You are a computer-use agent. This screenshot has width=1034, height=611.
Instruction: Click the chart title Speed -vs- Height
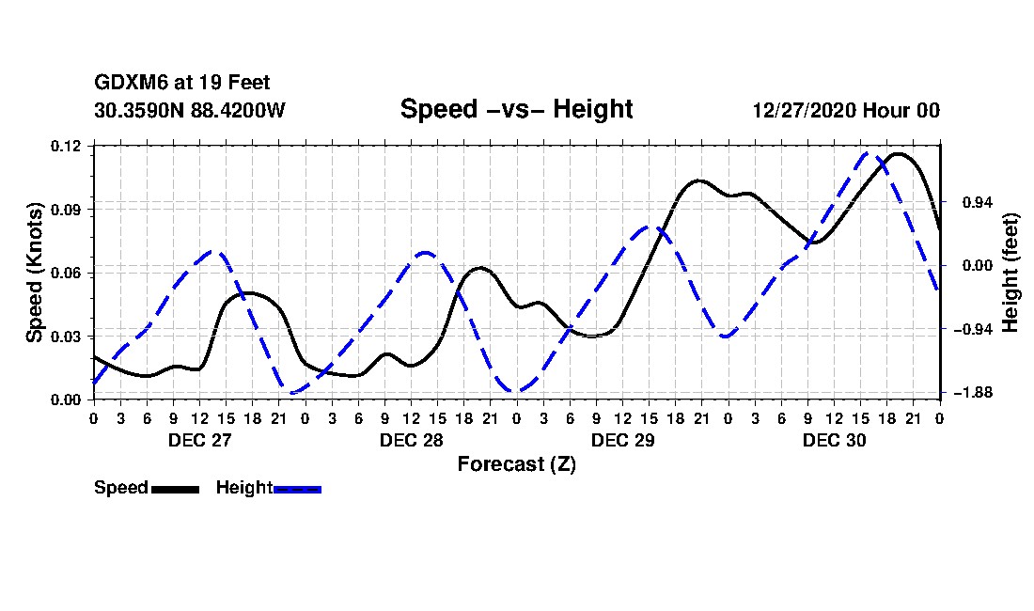pos(516,109)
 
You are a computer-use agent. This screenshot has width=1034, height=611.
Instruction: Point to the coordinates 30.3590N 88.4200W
pos(189,110)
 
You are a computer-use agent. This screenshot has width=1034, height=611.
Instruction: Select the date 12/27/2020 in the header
pos(805,110)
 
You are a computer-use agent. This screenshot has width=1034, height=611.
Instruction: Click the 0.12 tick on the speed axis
pos(66,146)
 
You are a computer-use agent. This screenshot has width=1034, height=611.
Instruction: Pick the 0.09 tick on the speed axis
pos(66,210)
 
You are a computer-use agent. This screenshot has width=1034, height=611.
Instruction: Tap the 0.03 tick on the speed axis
pos(66,337)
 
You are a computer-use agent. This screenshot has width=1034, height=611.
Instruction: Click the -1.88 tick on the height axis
pos(973,393)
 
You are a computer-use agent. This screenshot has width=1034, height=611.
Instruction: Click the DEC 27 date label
pos(200,440)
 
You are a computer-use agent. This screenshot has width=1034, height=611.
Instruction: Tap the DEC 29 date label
pos(622,440)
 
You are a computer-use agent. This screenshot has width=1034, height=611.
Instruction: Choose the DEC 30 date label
pos(834,440)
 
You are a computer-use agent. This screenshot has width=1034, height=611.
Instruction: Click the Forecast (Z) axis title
pos(517,464)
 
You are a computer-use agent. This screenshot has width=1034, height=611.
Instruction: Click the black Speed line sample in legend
pos(176,489)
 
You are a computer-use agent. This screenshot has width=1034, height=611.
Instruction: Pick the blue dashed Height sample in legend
pos(297,489)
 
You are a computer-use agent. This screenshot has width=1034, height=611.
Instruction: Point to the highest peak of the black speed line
pos(898,154)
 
